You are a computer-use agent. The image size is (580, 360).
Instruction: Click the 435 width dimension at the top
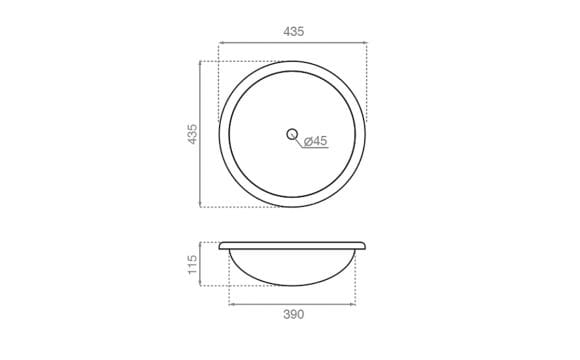[x=294, y=32]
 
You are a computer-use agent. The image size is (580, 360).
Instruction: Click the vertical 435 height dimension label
[x=192, y=134]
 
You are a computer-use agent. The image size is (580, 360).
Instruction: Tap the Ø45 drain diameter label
[x=316, y=141]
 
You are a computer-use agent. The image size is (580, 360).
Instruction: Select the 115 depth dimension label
[x=192, y=265]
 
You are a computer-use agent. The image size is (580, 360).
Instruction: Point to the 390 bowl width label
[x=294, y=314]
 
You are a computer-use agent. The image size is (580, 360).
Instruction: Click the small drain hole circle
[x=292, y=134]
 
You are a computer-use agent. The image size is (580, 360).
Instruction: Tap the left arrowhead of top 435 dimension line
[x=221, y=43]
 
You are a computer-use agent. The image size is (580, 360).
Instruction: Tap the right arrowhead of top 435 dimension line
[x=365, y=43]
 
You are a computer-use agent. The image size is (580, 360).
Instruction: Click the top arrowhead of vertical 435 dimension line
[x=200, y=64]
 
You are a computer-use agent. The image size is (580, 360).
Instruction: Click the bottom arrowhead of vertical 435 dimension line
[x=200, y=204]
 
